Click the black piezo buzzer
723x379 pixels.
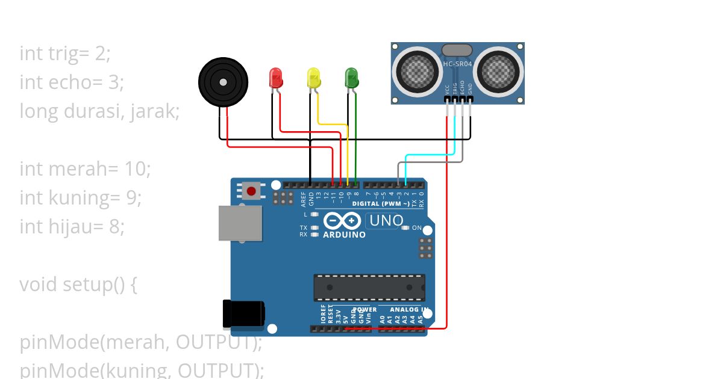224,82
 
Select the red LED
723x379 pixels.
275,78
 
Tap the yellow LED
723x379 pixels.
314,78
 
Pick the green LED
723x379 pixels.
351,78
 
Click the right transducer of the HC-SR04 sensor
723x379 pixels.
498,72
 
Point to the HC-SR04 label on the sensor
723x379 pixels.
457,63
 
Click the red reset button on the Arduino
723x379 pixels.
251,191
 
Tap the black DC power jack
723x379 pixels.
243,313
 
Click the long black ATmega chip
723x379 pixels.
369,288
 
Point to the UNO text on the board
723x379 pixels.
386,221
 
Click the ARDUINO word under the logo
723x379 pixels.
344,235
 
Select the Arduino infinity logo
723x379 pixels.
343,221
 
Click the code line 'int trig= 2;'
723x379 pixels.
65,54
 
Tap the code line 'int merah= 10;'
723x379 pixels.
85,168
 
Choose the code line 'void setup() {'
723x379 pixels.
78,284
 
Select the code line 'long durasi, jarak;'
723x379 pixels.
99,111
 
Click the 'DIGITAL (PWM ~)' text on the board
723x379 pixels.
381,204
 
